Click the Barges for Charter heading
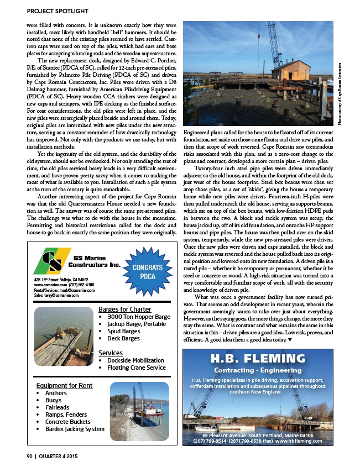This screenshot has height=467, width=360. click(124, 309)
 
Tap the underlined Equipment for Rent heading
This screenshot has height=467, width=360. click(64, 385)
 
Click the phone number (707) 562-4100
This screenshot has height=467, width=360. click(84, 285)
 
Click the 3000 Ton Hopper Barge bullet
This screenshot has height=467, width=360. click(139, 317)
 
